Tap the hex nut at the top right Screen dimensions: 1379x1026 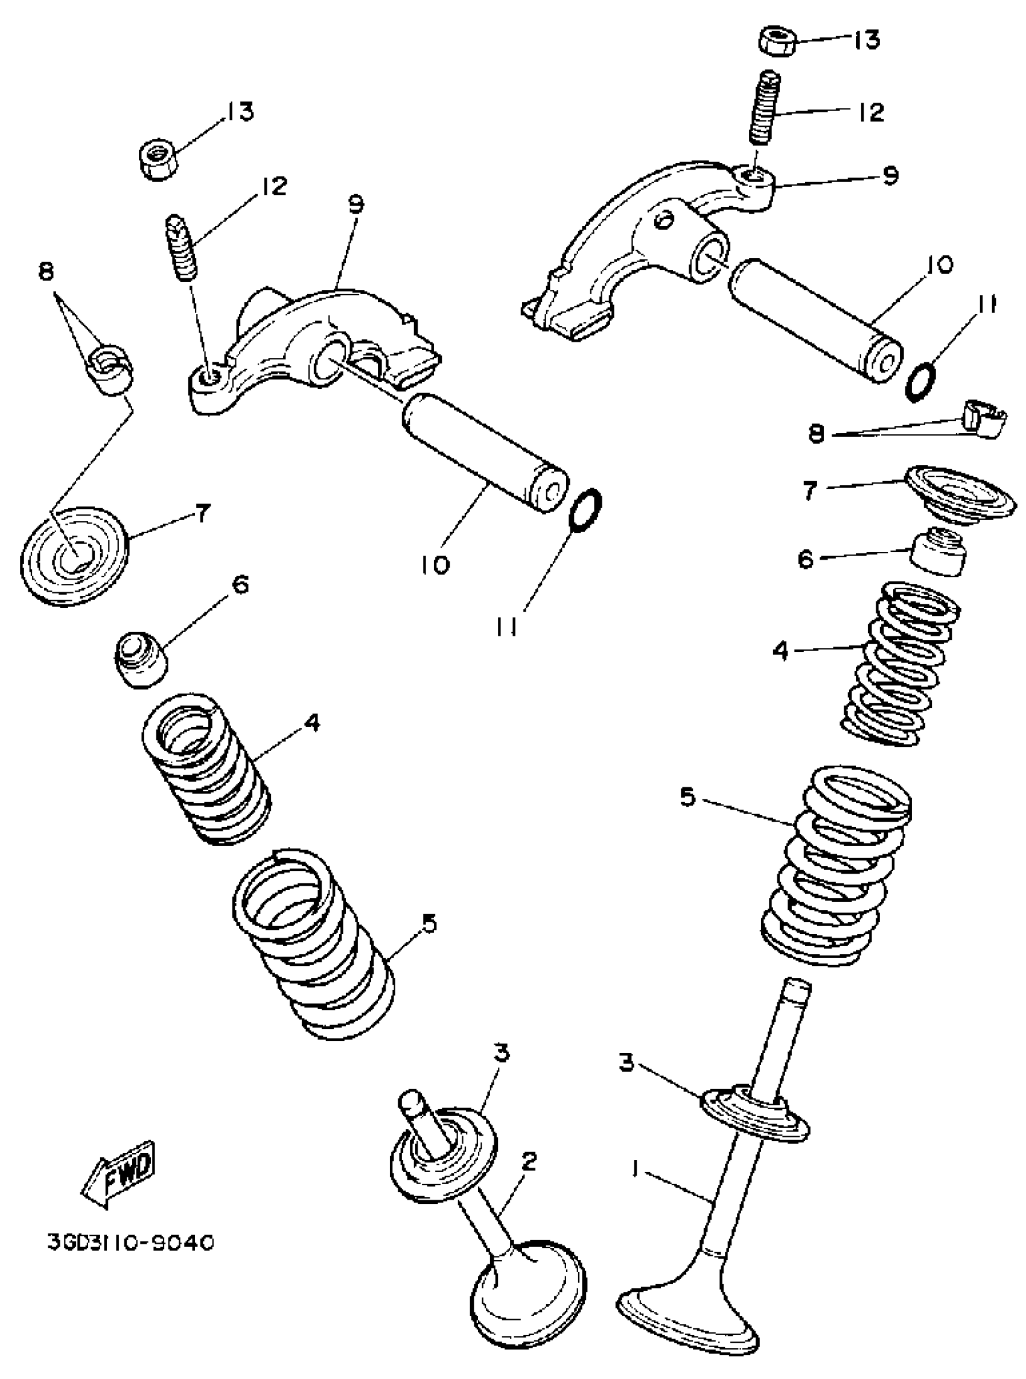[x=777, y=41]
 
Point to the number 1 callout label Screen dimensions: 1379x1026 [x=635, y=1169]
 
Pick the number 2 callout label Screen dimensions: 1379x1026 [x=528, y=1160]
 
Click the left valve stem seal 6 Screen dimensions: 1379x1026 [x=141, y=658]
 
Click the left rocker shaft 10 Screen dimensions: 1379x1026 [x=485, y=455]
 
